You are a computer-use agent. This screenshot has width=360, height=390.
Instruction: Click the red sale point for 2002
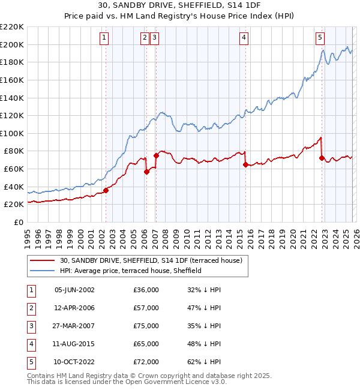pyautogui.click(x=106, y=190)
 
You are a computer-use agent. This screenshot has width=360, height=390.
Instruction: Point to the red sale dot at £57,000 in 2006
pyautogui.click(x=146, y=172)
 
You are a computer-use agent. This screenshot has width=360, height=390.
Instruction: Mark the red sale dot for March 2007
pyautogui.click(x=156, y=155)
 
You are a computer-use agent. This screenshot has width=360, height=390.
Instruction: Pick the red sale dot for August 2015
pyautogui.click(x=245, y=164)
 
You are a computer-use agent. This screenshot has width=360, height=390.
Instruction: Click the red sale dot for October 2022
pyautogui.click(x=322, y=158)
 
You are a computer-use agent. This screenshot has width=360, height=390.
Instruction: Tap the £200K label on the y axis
pyautogui.click(x=12, y=44)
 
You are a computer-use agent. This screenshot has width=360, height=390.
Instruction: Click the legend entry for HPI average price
pyautogui.click(x=130, y=271)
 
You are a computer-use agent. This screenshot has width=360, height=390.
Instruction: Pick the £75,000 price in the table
pyautogui.click(x=146, y=326)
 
